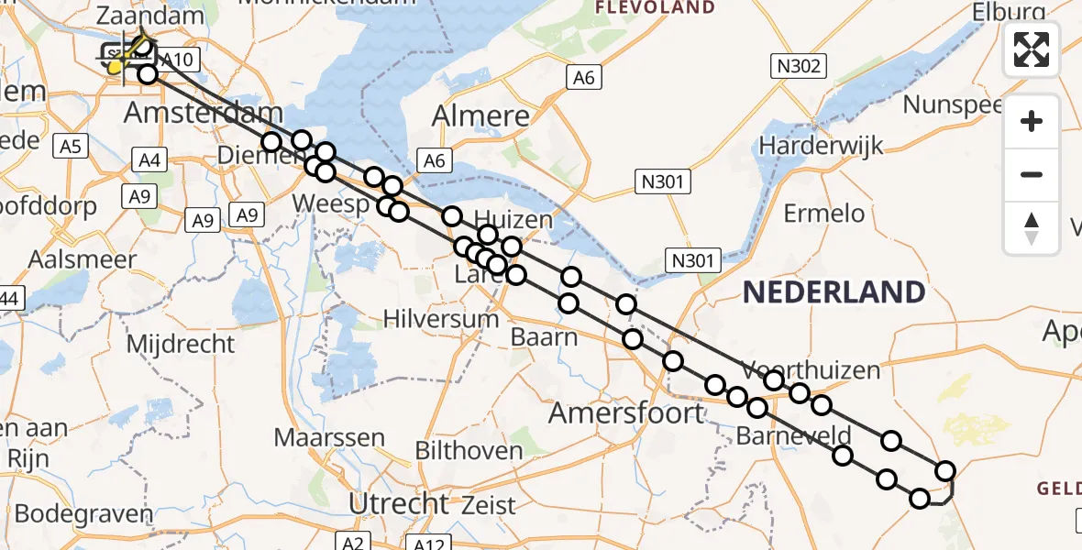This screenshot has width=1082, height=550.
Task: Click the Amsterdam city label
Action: pyautogui.click(x=204, y=114)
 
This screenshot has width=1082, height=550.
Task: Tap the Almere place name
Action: pyautogui.click(x=480, y=116)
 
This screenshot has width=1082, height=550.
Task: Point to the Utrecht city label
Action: pyautogui.click(x=400, y=503)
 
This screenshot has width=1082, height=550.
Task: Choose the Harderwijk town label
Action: pyautogui.click(x=821, y=145)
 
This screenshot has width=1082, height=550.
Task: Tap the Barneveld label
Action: pyautogui.click(x=793, y=435)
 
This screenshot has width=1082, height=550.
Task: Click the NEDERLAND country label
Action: pyautogui.click(x=833, y=292)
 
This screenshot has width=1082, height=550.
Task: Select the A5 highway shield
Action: pyautogui.click(x=72, y=146)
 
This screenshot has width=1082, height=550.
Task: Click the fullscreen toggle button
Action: pyautogui.click(x=1032, y=49)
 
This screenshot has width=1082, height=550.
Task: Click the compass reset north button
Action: pyautogui.click(x=1032, y=228)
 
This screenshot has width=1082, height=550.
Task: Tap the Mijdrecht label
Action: pyautogui.click(x=181, y=345)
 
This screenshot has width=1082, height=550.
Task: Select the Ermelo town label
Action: pyautogui.click(x=824, y=214)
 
